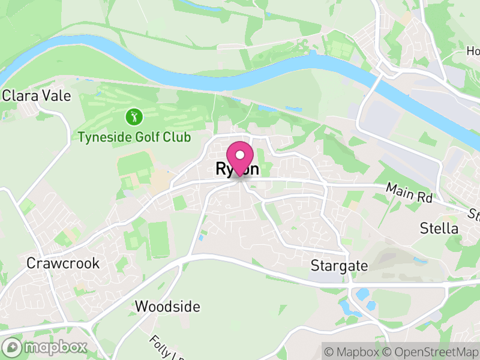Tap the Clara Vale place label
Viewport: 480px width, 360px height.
(x=37, y=95)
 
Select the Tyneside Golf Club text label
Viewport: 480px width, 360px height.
(x=134, y=137)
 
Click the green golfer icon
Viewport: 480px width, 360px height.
(x=134, y=115)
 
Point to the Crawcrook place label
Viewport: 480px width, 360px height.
(x=62, y=263)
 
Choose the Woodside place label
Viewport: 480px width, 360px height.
(x=167, y=307)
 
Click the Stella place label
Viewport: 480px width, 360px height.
(x=439, y=229)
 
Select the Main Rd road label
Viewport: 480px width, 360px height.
(x=409, y=192)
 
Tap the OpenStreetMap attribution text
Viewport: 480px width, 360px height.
(x=433, y=351)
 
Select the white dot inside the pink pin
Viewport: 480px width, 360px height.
(x=240, y=155)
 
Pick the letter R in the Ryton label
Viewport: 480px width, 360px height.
(x=220, y=170)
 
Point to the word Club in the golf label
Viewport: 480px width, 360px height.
(x=176, y=137)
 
